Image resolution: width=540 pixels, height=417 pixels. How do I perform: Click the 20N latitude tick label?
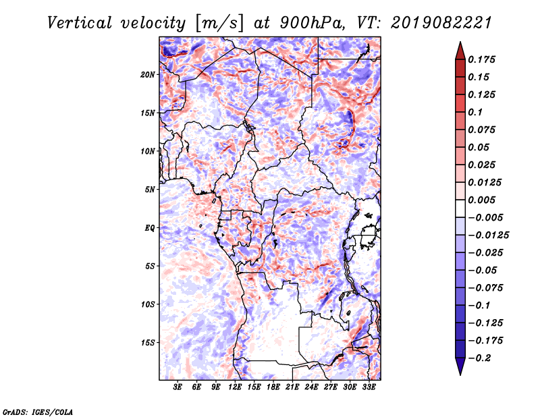click(x=148, y=75)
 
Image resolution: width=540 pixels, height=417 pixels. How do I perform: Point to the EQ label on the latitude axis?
click(x=150, y=228)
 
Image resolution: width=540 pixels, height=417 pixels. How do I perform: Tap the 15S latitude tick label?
click(x=148, y=343)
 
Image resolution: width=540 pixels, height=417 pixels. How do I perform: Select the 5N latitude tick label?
click(x=150, y=190)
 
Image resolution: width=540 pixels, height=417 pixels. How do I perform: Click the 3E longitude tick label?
click(x=178, y=387)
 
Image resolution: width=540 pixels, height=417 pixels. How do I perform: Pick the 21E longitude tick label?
click(x=292, y=387)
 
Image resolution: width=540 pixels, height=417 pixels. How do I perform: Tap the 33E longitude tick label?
click(x=369, y=387)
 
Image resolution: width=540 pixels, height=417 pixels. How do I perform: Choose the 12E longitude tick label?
click(x=235, y=387)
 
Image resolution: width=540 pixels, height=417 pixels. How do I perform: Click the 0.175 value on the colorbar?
click(x=481, y=59)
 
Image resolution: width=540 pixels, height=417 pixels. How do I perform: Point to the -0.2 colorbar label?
click(x=479, y=358)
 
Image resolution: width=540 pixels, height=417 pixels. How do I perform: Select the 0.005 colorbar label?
click(x=481, y=200)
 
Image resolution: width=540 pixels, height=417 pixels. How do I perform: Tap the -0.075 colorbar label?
click(x=485, y=288)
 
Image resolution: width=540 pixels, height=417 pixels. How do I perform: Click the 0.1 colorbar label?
click(x=475, y=112)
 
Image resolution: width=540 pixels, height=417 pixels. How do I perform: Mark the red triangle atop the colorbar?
click(x=460, y=51)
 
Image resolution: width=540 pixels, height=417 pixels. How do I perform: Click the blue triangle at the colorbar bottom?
click(x=460, y=366)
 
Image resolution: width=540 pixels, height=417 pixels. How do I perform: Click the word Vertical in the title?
click(x=80, y=23)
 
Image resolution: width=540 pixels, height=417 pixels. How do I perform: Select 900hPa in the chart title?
click(x=312, y=23)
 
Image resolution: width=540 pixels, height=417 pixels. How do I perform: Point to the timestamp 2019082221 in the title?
click(x=441, y=23)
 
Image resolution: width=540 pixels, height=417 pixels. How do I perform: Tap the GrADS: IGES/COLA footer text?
click(x=38, y=412)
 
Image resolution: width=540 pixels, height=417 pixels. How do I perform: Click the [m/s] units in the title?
click(x=219, y=24)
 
